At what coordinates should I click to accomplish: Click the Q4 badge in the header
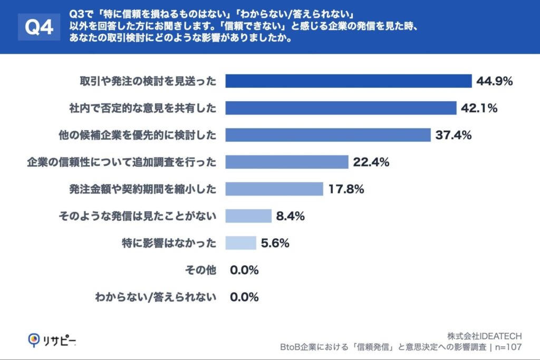tap(40, 27)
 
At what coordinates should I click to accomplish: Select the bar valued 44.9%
tap(348, 81)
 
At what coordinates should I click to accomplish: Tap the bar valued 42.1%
tap(341, 108)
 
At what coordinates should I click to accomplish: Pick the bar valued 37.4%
tap(328, 135)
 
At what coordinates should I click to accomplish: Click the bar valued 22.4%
tap(287, 162)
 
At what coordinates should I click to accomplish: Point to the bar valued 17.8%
tap(274, 189)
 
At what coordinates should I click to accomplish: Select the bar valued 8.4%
tap(248, 216)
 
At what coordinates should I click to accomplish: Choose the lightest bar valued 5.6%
tap(240, 243)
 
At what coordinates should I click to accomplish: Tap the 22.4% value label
tap(371, 162)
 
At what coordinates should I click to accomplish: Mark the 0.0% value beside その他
tap(244, 270)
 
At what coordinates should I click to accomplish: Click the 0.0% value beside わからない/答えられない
tap(244, 297)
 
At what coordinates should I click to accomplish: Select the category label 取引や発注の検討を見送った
tap(148, 81)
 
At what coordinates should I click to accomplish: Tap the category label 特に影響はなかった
tap(169, 244)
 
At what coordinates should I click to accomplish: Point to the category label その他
tap(201, 270)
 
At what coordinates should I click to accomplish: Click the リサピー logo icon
tap(35, 340)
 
